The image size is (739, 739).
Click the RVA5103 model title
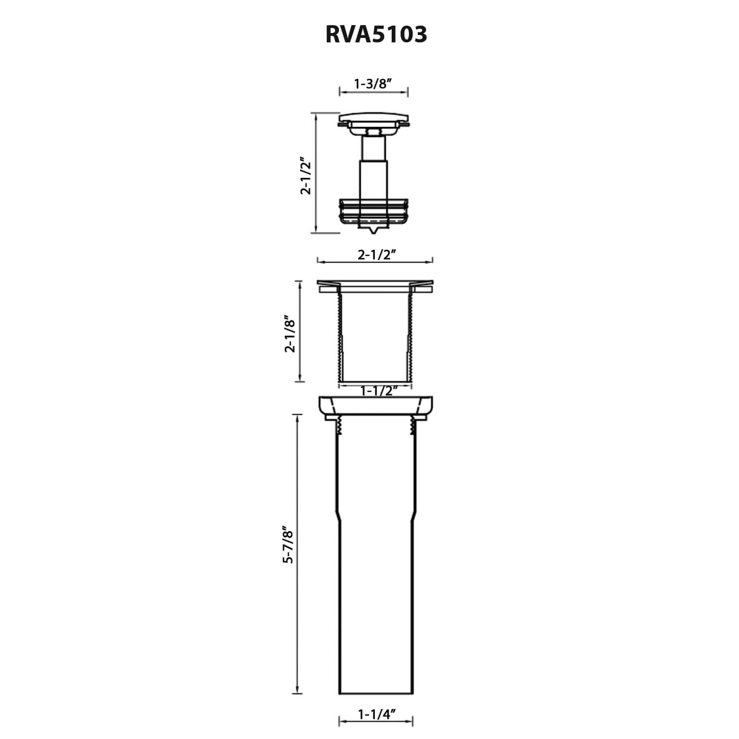click(x=376, y=34)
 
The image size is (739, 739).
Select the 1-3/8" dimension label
click(x=373, y=83)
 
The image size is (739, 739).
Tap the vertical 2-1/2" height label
click(x=306, y=176)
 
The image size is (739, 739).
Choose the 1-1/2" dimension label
click(x=379, y=391)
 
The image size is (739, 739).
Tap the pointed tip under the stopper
click(x=373, y=230)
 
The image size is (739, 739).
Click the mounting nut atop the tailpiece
click(x=375, y=406)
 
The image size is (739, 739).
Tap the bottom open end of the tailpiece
click(x=375, y=694)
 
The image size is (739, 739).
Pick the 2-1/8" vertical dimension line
click(x=300, y=331)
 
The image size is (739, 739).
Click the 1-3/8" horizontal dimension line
click(x=374, y=92)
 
